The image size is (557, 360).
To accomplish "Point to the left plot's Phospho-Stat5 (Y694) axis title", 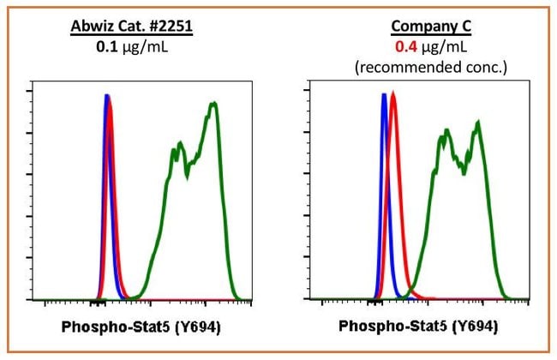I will point(141,327).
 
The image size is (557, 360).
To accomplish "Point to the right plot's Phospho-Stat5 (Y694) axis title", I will point(418,327).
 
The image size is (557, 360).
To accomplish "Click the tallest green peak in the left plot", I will point(213,104).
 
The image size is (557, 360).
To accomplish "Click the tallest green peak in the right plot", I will point(477,122).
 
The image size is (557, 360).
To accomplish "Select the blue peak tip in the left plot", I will point(106,95).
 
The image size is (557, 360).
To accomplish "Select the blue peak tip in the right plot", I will point(383,95).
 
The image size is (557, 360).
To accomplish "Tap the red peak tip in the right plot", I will point(393,93).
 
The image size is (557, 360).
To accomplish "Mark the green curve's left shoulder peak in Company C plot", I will point(446,132).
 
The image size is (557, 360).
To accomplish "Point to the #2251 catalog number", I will point(171,27).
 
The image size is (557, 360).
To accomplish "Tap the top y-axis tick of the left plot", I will point(33,91).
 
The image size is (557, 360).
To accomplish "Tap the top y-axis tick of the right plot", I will point(310,91).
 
